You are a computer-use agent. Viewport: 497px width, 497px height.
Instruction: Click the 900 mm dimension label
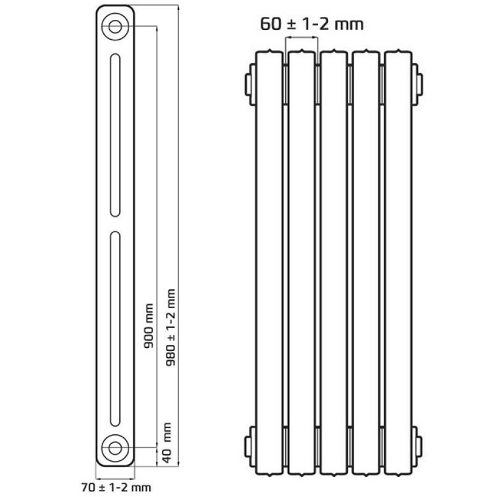click(148, 326)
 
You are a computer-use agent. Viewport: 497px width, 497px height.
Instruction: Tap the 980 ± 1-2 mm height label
click(170, 327)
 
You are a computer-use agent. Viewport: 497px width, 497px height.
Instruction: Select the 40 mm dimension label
click(166, 443)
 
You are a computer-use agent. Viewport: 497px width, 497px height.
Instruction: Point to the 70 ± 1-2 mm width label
click(116, 487)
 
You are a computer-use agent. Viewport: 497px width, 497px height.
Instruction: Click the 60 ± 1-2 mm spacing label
click(312, 24)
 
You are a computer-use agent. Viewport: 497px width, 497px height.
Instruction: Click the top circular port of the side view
click(115, 27)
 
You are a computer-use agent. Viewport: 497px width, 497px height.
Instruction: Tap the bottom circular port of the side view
click(115, 448)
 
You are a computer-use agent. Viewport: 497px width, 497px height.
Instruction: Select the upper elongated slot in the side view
click(115, 135)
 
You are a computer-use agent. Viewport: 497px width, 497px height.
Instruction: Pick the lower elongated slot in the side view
click(115, 329)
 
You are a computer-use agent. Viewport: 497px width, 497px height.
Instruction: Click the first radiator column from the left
click(269, 263)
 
